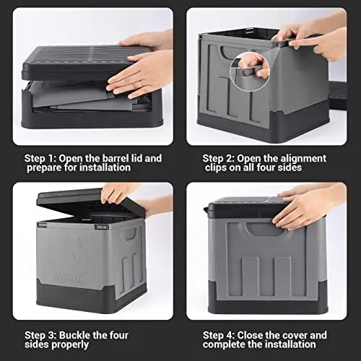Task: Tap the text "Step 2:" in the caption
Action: [219, 159]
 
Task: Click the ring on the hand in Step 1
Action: [134, 84]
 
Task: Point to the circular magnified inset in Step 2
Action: [250, 72]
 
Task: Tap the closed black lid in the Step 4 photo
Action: [248, 207]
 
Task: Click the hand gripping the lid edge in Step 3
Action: [118, 193]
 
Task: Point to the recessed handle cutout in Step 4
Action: [266, 230]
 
